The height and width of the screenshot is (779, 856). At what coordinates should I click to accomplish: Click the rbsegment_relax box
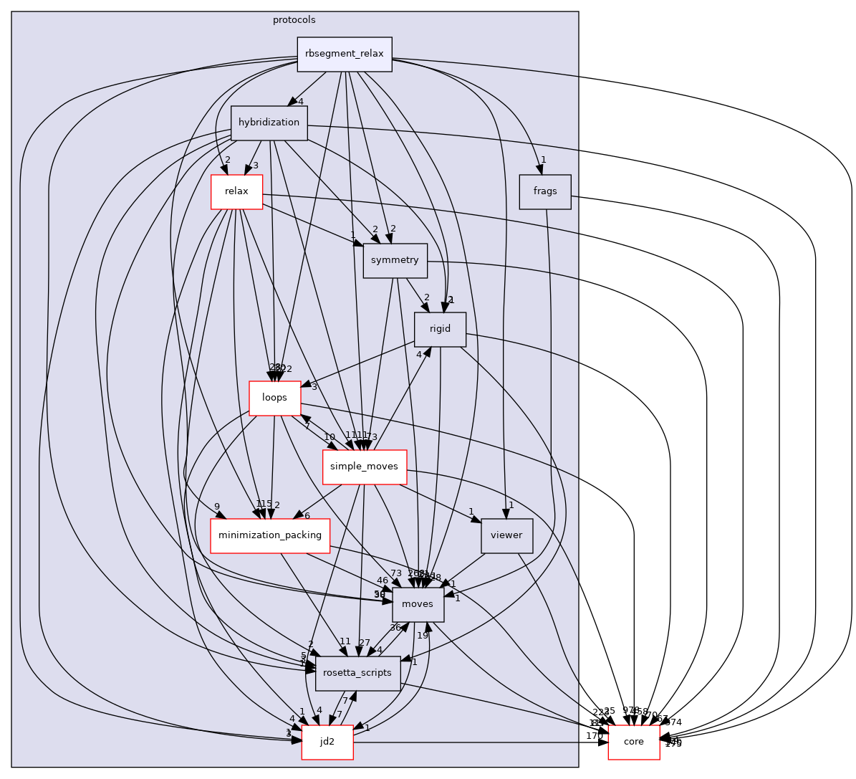345,54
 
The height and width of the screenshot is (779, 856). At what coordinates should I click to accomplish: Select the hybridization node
269,123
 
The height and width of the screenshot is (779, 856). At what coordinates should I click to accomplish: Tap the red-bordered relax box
236,191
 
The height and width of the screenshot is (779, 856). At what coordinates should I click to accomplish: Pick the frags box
545,192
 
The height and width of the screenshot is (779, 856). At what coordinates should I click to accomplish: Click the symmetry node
395,260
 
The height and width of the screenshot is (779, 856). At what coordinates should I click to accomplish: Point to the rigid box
440,329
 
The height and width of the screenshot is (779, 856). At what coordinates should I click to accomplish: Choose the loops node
274,398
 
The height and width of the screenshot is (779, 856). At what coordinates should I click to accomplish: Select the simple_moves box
365,467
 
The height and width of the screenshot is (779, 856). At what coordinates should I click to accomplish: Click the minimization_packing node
269,535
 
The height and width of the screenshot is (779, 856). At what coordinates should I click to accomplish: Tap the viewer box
507,535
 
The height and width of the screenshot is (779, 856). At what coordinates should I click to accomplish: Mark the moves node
418,604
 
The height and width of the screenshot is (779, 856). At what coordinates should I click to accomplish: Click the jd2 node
327,742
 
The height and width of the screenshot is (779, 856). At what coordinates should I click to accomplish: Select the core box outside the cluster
634,742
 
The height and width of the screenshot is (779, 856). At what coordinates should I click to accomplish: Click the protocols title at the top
294,19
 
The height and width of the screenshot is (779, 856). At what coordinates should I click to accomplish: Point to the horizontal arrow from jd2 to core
480,742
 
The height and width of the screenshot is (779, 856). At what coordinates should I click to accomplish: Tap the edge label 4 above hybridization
302,101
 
